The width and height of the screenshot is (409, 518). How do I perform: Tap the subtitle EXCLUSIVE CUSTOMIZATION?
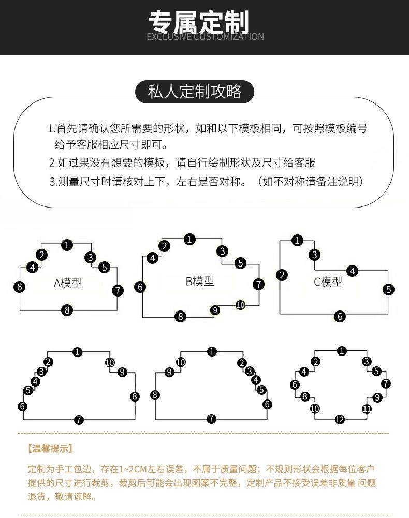[x=205, y=37]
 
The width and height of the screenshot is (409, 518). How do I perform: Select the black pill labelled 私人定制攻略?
[x=195, y=92]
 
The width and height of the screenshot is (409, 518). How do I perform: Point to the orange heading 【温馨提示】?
[x=50, y=448]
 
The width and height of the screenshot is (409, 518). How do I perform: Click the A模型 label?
[x=68, y=283]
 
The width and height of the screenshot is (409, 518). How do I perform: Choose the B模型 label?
[x=199, y=282]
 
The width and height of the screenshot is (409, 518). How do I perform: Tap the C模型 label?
[x=328, y=282]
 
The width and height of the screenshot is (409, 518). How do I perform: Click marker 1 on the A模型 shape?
[x=67, y=245]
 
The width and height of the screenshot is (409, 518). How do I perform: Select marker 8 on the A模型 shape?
[x=67, y=310]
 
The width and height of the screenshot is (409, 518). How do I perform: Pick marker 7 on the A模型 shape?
[x=118, y=290]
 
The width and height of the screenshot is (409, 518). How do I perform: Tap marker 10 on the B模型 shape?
[x=240, y=305]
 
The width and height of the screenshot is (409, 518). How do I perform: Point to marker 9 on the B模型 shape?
[x=215, y=310]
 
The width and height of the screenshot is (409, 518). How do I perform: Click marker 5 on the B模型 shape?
[x=240, y=263]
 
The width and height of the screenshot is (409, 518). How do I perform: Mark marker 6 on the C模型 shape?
[x=340, y=316]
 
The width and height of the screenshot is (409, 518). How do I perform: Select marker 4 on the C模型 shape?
[x=353, y=271]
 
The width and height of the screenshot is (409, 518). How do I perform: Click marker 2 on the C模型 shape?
[x=282, y=275]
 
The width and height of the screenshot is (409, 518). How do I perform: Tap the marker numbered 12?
[x=340, y=420]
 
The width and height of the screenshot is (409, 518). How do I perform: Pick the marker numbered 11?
[x=367, y=409]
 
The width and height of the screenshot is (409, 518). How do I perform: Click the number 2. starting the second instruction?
[x=52, y=163]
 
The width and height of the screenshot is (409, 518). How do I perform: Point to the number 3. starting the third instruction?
[x=52, y=182]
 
